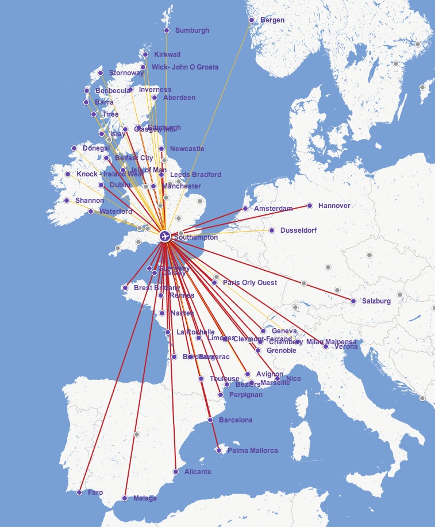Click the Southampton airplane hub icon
[165, 236]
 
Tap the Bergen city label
[272, 20]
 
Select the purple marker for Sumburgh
[167, 30]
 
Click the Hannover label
[334, 205]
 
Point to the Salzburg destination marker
[353, 301]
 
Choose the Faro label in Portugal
[95, 493]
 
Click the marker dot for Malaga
[125, 498]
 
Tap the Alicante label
[198, 472]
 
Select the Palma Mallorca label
[252, 451]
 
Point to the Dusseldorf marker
[272, 230]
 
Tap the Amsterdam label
[274, 208]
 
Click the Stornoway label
[126, 73]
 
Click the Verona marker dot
[326, 347]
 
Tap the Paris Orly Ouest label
[249, 283]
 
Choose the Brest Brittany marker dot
[125, 288]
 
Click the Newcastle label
[187, 149]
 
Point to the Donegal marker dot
[74, 148]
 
